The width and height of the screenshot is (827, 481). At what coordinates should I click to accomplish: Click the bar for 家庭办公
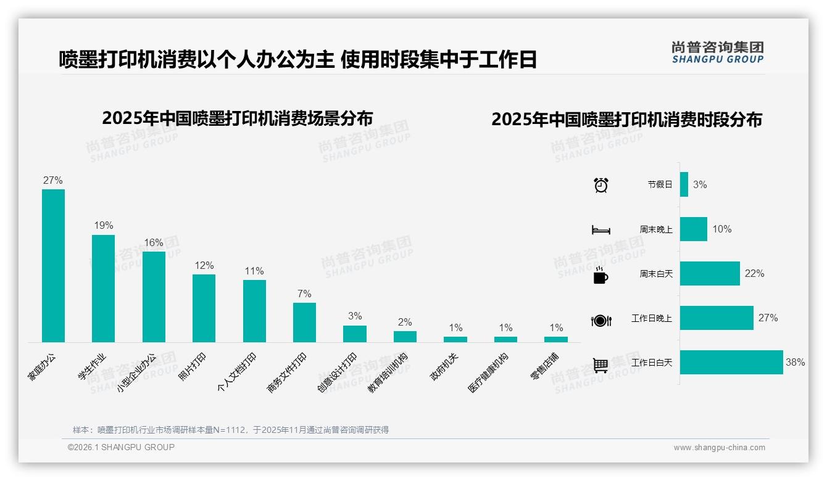53,265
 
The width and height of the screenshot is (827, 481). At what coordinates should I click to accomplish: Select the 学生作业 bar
103,288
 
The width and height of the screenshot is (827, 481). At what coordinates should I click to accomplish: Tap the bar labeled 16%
154,297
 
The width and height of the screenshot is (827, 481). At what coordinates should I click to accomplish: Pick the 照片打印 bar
204,308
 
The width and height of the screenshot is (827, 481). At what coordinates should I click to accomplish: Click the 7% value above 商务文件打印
304,294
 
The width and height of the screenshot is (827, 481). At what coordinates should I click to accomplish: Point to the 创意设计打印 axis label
338,372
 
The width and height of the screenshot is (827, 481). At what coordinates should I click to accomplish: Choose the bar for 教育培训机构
405,337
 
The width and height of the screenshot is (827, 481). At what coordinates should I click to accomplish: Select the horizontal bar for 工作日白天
731,362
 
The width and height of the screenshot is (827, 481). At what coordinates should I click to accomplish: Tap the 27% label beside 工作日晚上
768,318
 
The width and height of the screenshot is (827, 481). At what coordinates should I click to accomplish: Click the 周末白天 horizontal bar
710,273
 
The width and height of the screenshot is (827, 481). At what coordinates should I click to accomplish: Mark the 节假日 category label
660,184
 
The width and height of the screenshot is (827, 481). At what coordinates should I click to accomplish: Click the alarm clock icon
601,184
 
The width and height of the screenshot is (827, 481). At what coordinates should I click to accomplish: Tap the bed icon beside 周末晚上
601,230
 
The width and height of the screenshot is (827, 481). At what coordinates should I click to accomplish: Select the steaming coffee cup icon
601,274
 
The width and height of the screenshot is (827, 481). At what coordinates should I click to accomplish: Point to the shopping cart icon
601,365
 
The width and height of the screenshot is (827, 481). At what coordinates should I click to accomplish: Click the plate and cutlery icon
601,320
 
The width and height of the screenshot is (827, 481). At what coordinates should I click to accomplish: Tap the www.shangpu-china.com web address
719,448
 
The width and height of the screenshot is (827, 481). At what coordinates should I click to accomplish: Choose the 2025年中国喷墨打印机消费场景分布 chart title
238,118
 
